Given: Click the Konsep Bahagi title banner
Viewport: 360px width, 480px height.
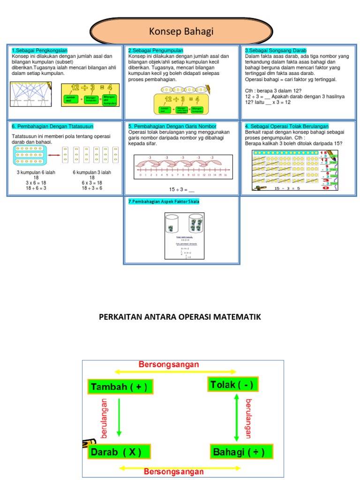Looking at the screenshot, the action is [181, 32].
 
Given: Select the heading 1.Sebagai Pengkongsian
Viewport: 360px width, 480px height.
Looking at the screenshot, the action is [39, 51].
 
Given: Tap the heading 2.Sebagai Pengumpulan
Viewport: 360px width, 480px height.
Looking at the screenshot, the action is [156, 51].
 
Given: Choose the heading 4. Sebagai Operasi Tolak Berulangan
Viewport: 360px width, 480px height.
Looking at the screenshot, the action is [287, 126].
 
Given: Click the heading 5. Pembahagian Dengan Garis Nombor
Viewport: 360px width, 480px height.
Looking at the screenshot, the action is [172, 126].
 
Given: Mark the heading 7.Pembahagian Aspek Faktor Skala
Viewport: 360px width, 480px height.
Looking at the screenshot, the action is [167, 202].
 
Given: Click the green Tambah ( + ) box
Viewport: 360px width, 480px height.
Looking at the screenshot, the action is [120, 387].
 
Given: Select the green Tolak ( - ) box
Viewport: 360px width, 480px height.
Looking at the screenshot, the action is [232, 385].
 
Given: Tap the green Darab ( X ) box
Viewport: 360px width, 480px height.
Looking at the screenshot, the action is [120, 452].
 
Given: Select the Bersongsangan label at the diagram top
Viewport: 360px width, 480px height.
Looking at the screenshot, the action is [169, 364].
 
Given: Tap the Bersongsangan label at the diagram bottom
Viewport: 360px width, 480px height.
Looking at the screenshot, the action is [173, 472].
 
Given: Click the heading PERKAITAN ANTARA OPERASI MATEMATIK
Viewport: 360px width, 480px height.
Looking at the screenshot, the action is [180, 317].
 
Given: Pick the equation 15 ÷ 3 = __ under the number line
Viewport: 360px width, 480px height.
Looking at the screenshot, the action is [181, 189].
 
